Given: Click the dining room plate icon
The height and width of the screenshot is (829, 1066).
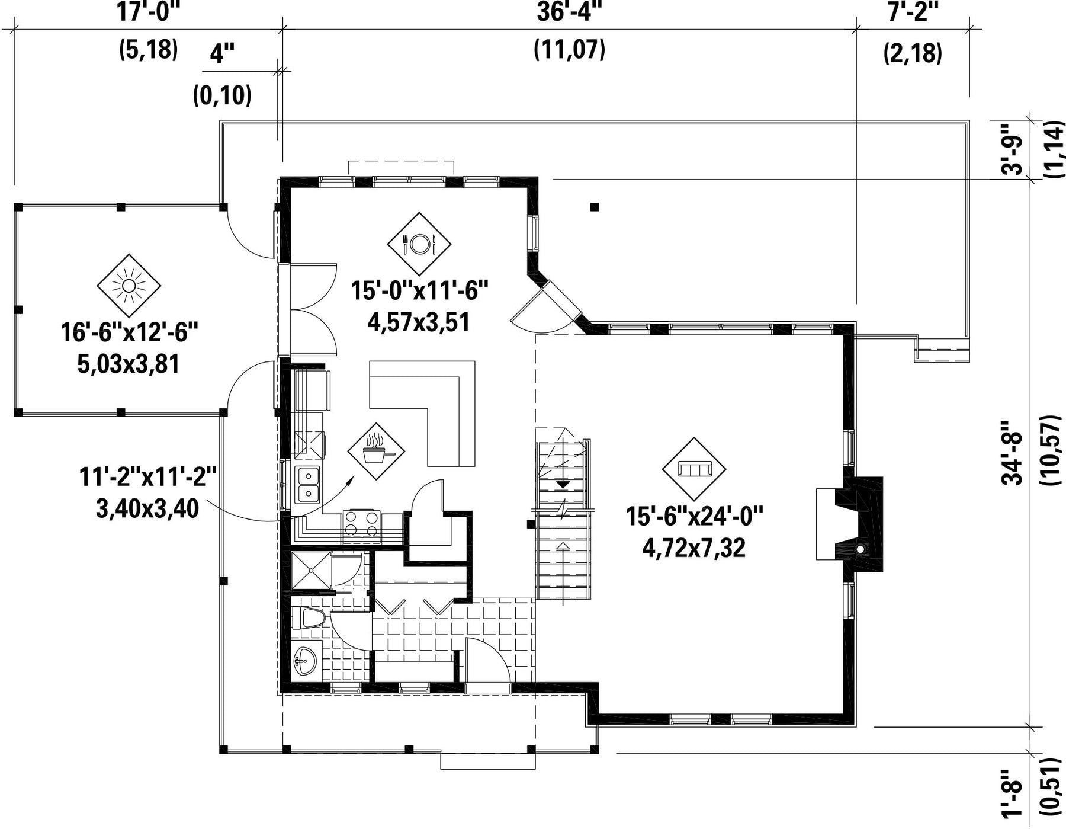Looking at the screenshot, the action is (x=419, y=244).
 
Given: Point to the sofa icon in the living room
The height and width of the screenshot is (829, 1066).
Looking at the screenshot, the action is (x=694, y=469).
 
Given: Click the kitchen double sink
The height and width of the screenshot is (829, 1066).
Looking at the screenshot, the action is (x=308, y=485).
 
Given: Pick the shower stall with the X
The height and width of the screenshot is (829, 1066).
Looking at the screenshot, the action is (x=311, y=571).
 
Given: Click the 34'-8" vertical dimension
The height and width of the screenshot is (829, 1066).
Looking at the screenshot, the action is (x=1013, y=453).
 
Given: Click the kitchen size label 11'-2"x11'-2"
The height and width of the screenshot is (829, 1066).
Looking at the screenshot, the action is (x=147, y=477).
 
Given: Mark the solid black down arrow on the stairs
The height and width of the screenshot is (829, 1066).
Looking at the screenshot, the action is (x=563, y=484).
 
